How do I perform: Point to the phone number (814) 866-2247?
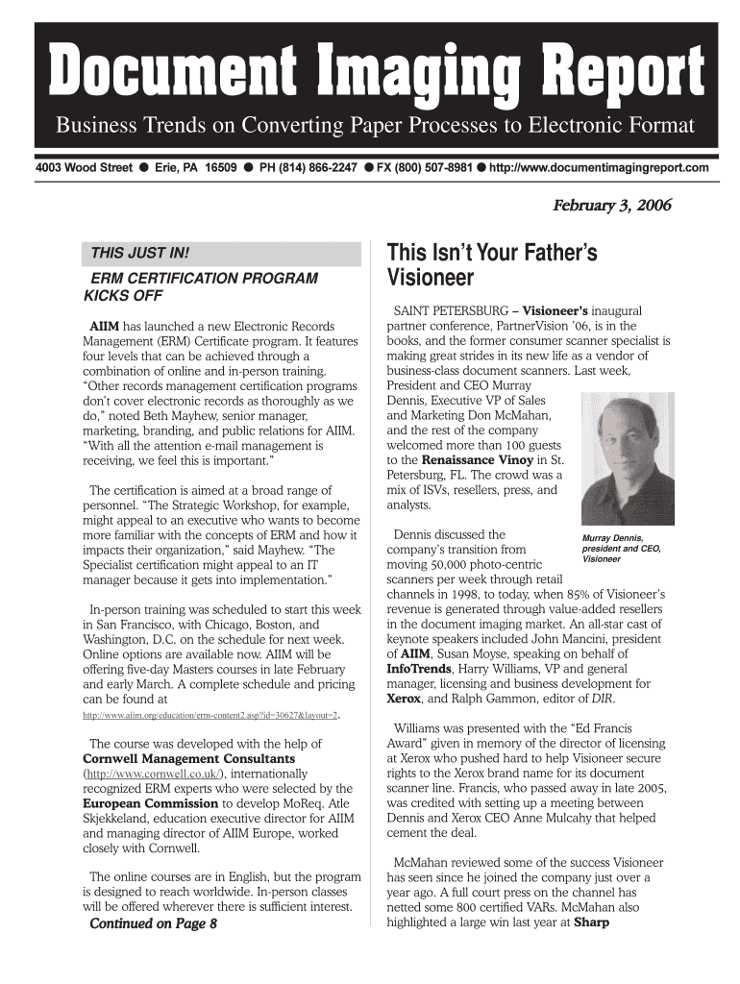[308, 168]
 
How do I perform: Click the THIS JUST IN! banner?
[140, 255]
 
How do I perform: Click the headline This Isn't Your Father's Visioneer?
[491, 266]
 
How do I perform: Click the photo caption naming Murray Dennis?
[622, 548]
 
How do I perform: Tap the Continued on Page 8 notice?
[153, 924]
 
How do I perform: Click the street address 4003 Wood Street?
[84, 168]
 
